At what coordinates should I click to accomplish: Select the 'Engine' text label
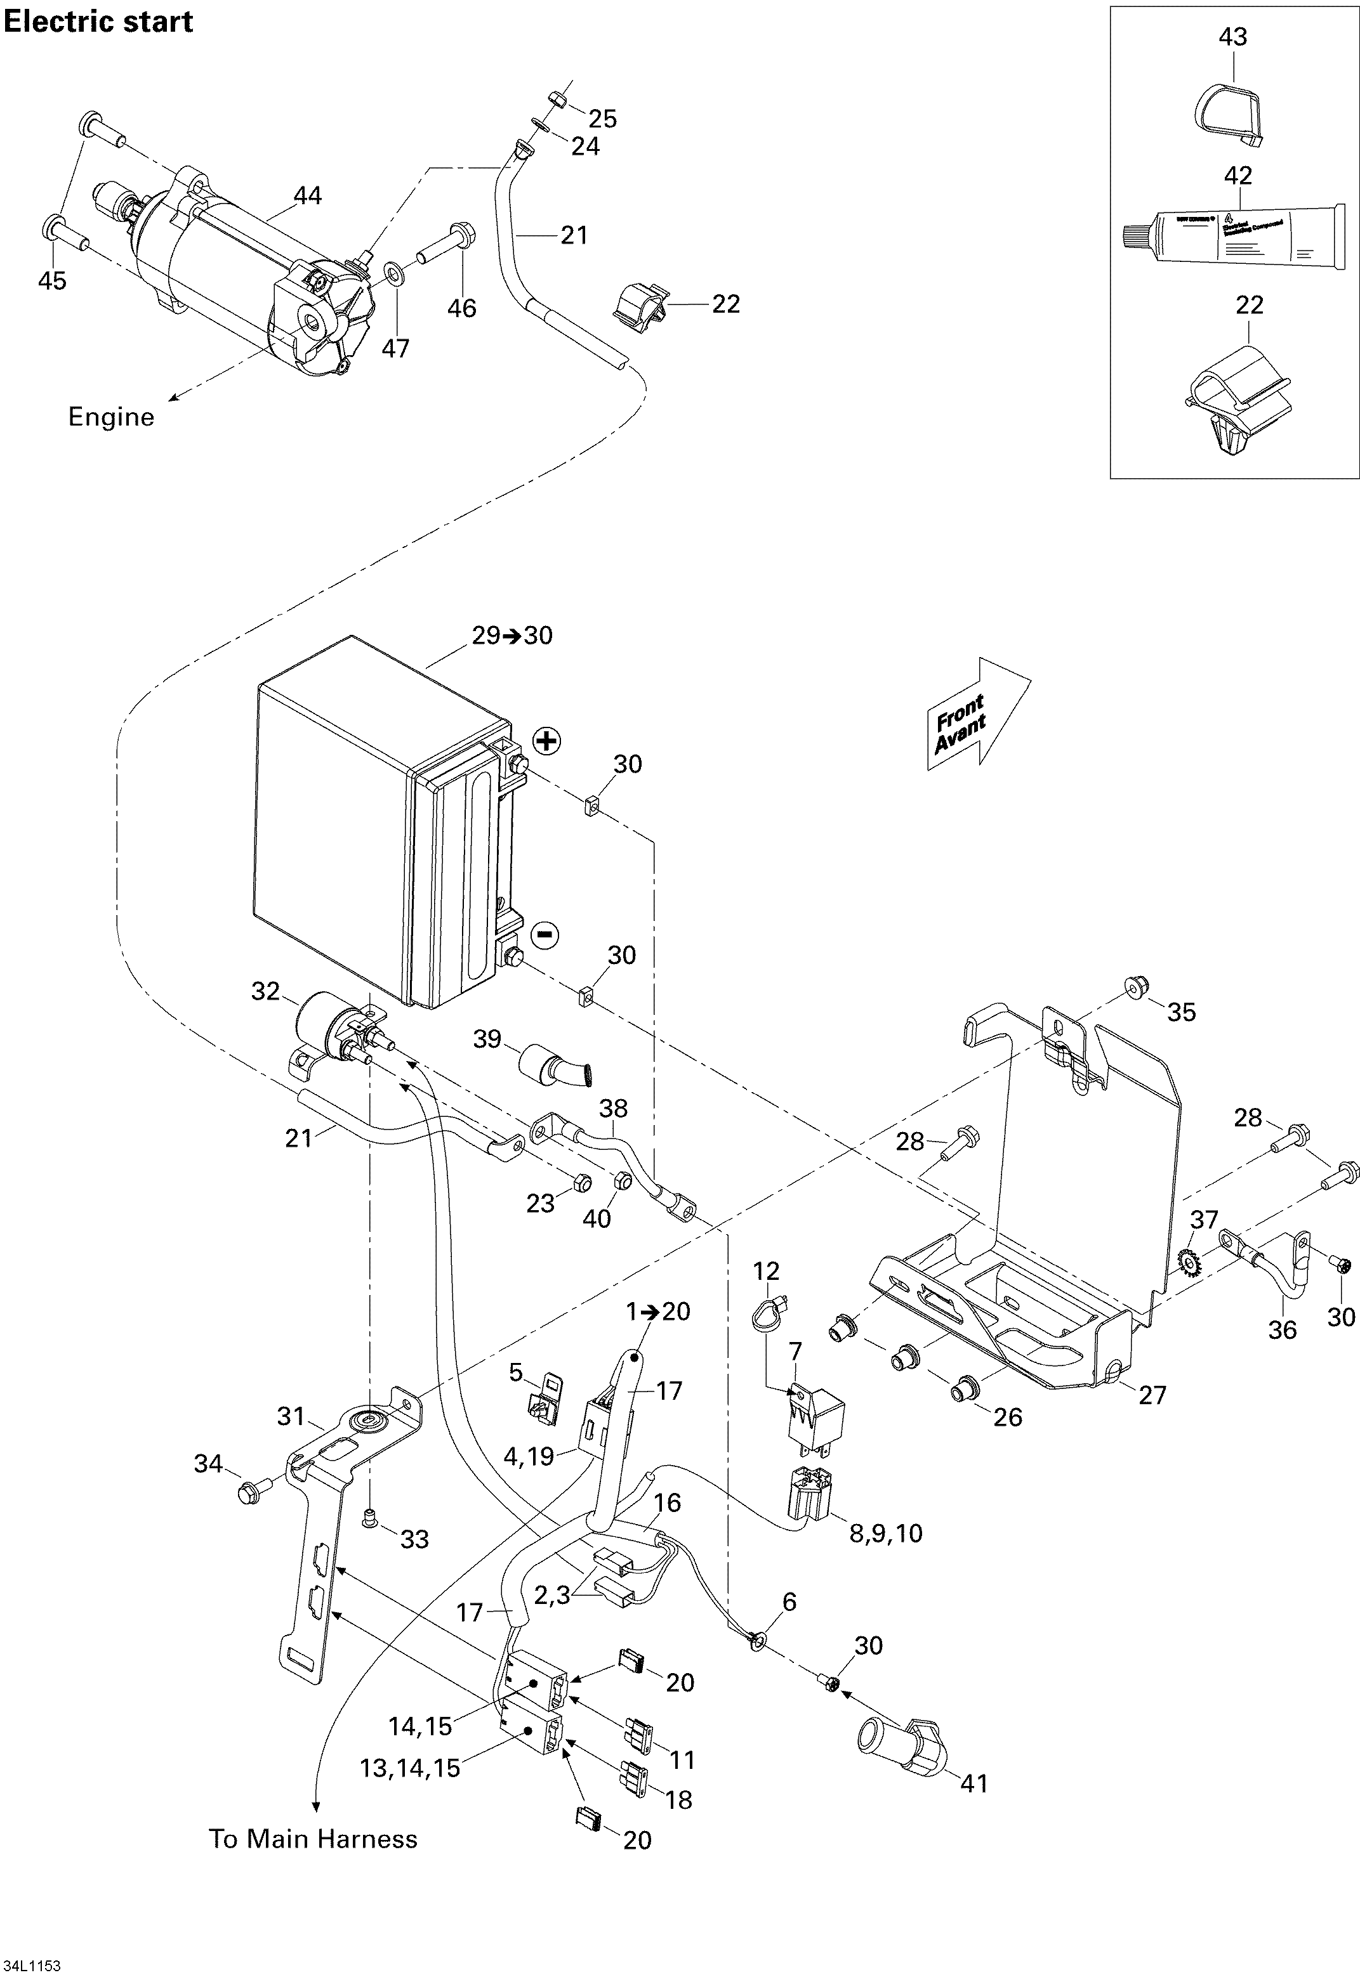111,417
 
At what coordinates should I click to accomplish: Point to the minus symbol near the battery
545,935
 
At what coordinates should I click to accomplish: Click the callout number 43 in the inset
1233,37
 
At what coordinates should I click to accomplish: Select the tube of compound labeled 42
1234,238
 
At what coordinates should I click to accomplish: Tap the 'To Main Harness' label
314,1839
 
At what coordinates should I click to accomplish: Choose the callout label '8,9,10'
886,1534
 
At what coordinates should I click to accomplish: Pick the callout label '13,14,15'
411,1768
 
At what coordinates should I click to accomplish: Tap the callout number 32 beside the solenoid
266,991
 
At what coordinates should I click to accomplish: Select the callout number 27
1152,1395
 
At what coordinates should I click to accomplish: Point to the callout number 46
462,308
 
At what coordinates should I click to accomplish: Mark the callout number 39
487,1039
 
